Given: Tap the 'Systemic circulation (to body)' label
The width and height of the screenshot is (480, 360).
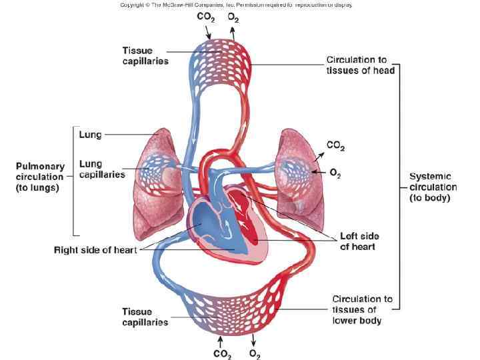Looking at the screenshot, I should click(x=433, y=187).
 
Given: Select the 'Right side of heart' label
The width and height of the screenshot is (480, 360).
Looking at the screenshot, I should click(x=95, y=250).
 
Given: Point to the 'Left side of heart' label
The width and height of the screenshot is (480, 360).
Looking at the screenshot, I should click(x=357, y=241).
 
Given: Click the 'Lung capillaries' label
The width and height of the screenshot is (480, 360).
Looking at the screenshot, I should click(x=102, y=169).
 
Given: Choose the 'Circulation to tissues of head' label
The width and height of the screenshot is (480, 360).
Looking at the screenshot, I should click(x=360, y=65).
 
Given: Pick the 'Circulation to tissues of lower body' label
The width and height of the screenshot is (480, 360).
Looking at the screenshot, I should click(x=362, y=310).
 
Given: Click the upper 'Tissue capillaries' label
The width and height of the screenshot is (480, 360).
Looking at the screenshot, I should click(x=145, y=56).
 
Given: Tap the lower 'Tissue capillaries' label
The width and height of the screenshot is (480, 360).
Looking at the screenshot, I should click(x=145, y=317).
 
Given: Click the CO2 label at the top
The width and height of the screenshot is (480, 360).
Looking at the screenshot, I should click(x=205, y=19).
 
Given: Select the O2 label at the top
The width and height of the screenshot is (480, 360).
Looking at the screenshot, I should click(x=233, y=19).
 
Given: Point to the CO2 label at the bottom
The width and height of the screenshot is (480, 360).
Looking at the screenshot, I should click(x=222, y=354).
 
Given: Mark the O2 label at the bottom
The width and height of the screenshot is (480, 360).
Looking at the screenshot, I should click(x=255, y=354).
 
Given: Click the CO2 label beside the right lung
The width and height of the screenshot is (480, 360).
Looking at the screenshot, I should click(x=335, y=145).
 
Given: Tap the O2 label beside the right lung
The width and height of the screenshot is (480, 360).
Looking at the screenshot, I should click(x=335, y=173).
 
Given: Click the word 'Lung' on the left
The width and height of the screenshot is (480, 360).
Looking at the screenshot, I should click(x=90, y=134).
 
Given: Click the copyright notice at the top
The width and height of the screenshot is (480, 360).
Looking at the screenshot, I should click(x=236, y=5).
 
